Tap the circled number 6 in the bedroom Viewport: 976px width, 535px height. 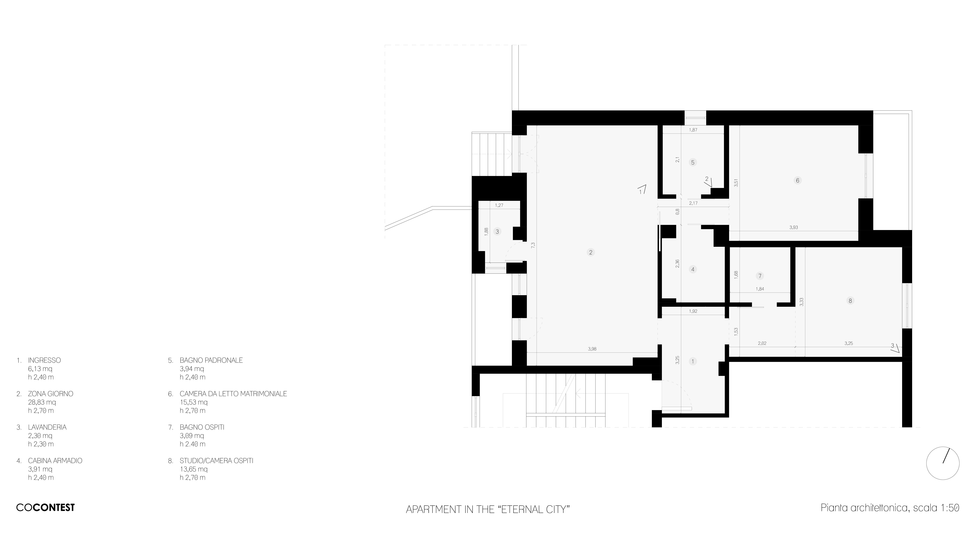tap(798, 180)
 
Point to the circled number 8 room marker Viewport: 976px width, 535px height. tap(850, 301)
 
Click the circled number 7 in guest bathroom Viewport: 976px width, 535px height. tap(760, 276)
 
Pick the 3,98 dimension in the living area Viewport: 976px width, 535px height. tap(592, 349)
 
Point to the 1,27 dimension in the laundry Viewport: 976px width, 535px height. tap(499, 205)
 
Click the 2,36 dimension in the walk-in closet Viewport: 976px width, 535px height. tap(677, 264)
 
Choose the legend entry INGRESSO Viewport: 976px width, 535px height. tap(44, 360)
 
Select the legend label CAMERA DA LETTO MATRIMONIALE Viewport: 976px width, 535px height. tap(233, 394)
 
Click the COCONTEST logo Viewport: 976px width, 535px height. tap(45, 507)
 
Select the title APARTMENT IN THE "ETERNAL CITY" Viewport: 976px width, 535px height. tap(488, 509)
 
